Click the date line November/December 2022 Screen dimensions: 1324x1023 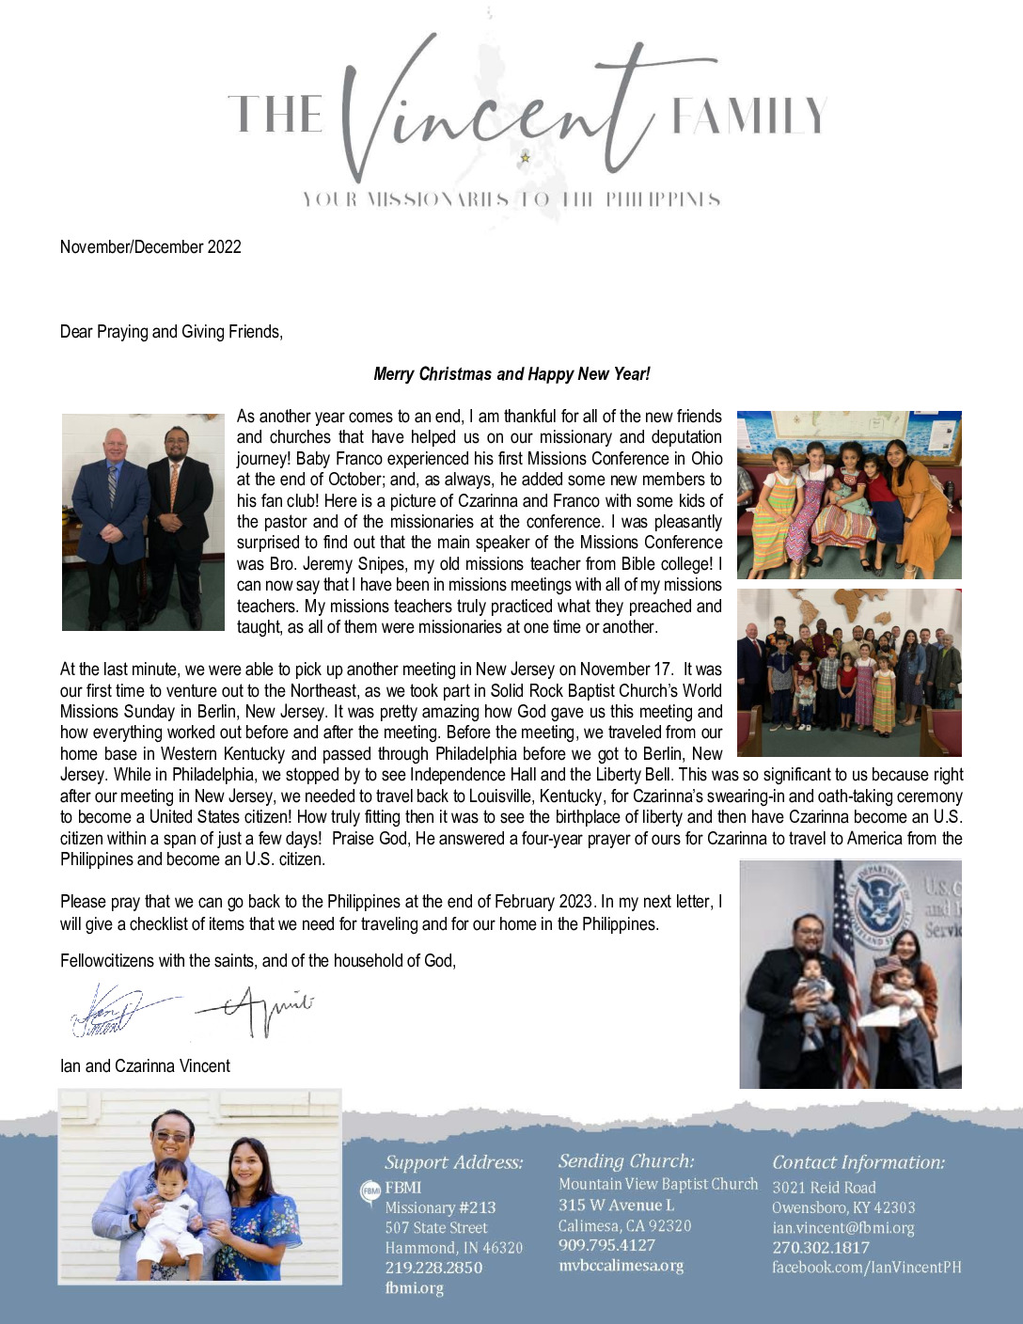click(x=150, y=247)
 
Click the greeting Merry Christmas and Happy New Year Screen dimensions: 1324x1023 click(x=511, y=374)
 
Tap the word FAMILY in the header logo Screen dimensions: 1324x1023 click(x=748, y=117)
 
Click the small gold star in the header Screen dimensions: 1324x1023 click(x=526, y=157)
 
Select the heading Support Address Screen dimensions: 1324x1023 click(x=453, y=1162)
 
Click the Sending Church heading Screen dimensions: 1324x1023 click(x=626, y=1161)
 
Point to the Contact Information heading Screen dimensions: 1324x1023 click(x=858, y=1162)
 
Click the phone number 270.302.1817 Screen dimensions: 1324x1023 click(x=821, y=1248)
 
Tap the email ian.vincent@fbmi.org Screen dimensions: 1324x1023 click(x=842, y=1228)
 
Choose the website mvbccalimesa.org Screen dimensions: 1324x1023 click(x=621, y=1266)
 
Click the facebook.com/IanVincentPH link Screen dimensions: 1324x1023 click(x=866, y=1268)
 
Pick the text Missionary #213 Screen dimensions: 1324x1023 click(x=440, y=1207)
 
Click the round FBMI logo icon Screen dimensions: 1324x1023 click(x=370, y=1190)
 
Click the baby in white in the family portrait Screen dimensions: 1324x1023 click(x=169, y=1213)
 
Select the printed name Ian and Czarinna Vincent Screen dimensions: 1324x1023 click(x=145, y=1066)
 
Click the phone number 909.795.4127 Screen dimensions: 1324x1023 click(x=606, y=1245)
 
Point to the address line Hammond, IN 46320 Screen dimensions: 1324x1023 click(x=453, y=1248)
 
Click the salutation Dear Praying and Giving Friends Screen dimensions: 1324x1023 click(x=171, y=332)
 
